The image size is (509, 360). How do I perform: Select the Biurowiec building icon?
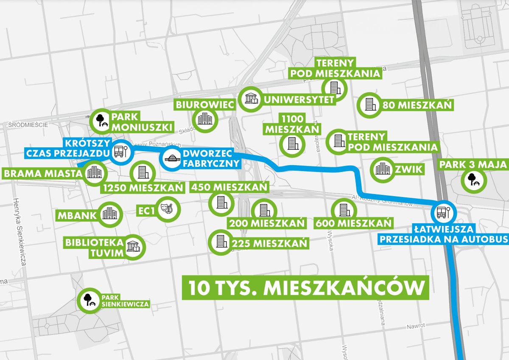point(205,119)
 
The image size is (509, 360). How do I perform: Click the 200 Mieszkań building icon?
point(263,210)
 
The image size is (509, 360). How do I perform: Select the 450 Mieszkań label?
point(229,187)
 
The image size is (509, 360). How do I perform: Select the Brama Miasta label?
point(42,173)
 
